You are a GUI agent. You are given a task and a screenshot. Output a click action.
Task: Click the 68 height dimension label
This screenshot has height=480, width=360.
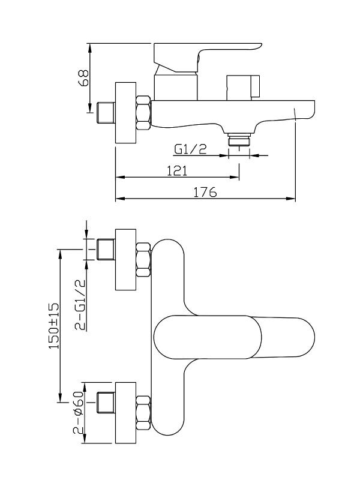click(84, 77)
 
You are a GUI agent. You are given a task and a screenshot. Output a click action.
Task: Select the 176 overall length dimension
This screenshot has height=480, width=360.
click(205, 192)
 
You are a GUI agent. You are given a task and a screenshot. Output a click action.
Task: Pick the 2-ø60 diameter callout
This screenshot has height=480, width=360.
click(79, 413)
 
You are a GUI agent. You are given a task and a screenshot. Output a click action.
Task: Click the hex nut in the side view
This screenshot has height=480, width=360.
click(143, 112)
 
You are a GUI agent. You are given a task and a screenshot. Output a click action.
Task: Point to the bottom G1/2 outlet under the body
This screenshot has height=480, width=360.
click(239, 140)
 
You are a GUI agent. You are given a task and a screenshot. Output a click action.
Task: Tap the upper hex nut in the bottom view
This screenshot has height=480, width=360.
click(143, 259)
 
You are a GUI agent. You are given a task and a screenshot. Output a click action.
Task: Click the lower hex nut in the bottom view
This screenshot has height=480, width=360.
click(143, 413)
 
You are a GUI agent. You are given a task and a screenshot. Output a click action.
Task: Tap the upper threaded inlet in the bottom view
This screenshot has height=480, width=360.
click(106, 249)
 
